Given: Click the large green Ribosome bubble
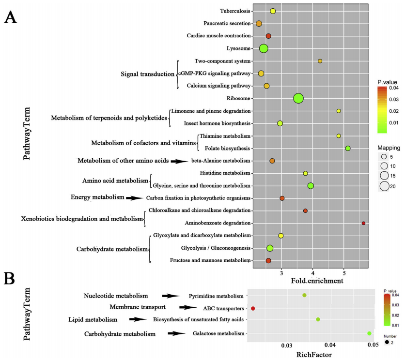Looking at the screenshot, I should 298,98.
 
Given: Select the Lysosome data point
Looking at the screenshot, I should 264,48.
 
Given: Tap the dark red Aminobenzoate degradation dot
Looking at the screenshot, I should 363,223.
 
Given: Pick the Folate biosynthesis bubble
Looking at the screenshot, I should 347,148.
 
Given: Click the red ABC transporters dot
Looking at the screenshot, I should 253,308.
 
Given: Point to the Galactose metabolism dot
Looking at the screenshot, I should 369,333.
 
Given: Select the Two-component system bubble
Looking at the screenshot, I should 320,61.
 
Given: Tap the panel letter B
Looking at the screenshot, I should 11,279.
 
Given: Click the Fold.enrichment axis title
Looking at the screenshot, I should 317,280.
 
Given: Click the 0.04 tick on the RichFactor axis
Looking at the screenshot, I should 330,345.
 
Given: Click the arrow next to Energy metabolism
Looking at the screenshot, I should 134,198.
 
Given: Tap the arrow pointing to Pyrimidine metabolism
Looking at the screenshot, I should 171,296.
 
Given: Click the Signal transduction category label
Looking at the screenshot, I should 147,74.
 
